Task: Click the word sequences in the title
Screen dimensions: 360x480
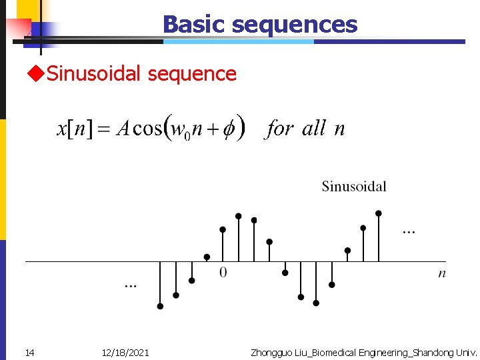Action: (x=294, y=25)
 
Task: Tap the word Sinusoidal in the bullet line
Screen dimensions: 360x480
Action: (x=94, y=73)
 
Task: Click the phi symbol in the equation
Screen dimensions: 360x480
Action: (x=228, y=128)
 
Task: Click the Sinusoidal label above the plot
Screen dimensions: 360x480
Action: (x=354, y=186)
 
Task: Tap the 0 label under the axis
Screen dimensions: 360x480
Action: (x=223, y=272)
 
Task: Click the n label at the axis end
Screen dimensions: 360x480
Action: (x=442, y=273)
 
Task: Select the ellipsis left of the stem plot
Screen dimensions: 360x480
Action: (x=131, y=285)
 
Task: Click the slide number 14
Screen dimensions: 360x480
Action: (x=29, y=352)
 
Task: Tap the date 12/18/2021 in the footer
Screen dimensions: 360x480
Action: (x=125, y=352)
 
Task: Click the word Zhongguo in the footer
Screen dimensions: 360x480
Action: (x=271, y=352)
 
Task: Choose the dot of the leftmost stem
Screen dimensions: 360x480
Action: (x=160, y=307)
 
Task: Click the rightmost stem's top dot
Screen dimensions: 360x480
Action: (x=379, y=213)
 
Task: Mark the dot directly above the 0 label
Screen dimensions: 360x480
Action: (x=223, y=229)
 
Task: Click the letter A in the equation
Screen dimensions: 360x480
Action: (x=122, y=129)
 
